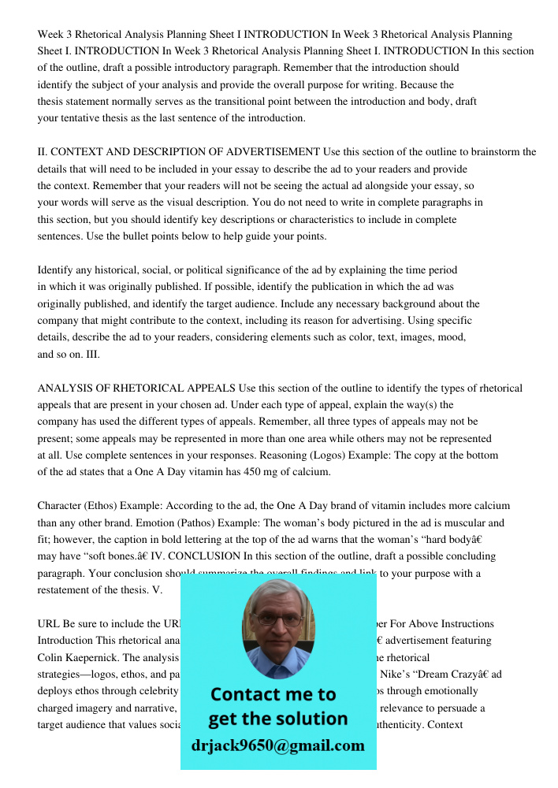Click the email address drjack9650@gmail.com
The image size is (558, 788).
pyautogui.click(x=277, y=745)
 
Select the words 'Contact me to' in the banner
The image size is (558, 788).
pyautogui.click(x=273, y=694)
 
